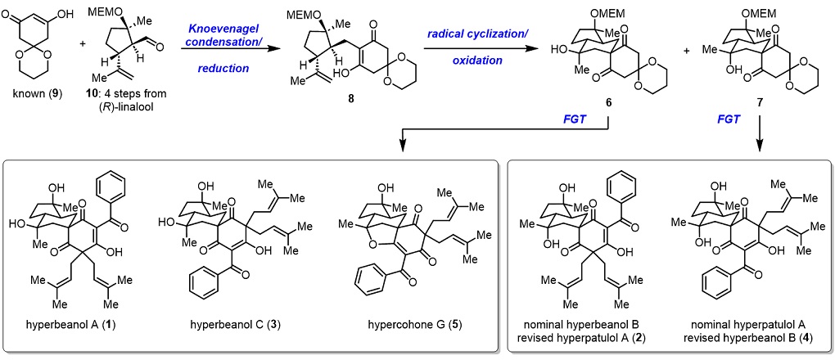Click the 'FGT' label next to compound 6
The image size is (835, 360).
(x=574, y=119)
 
